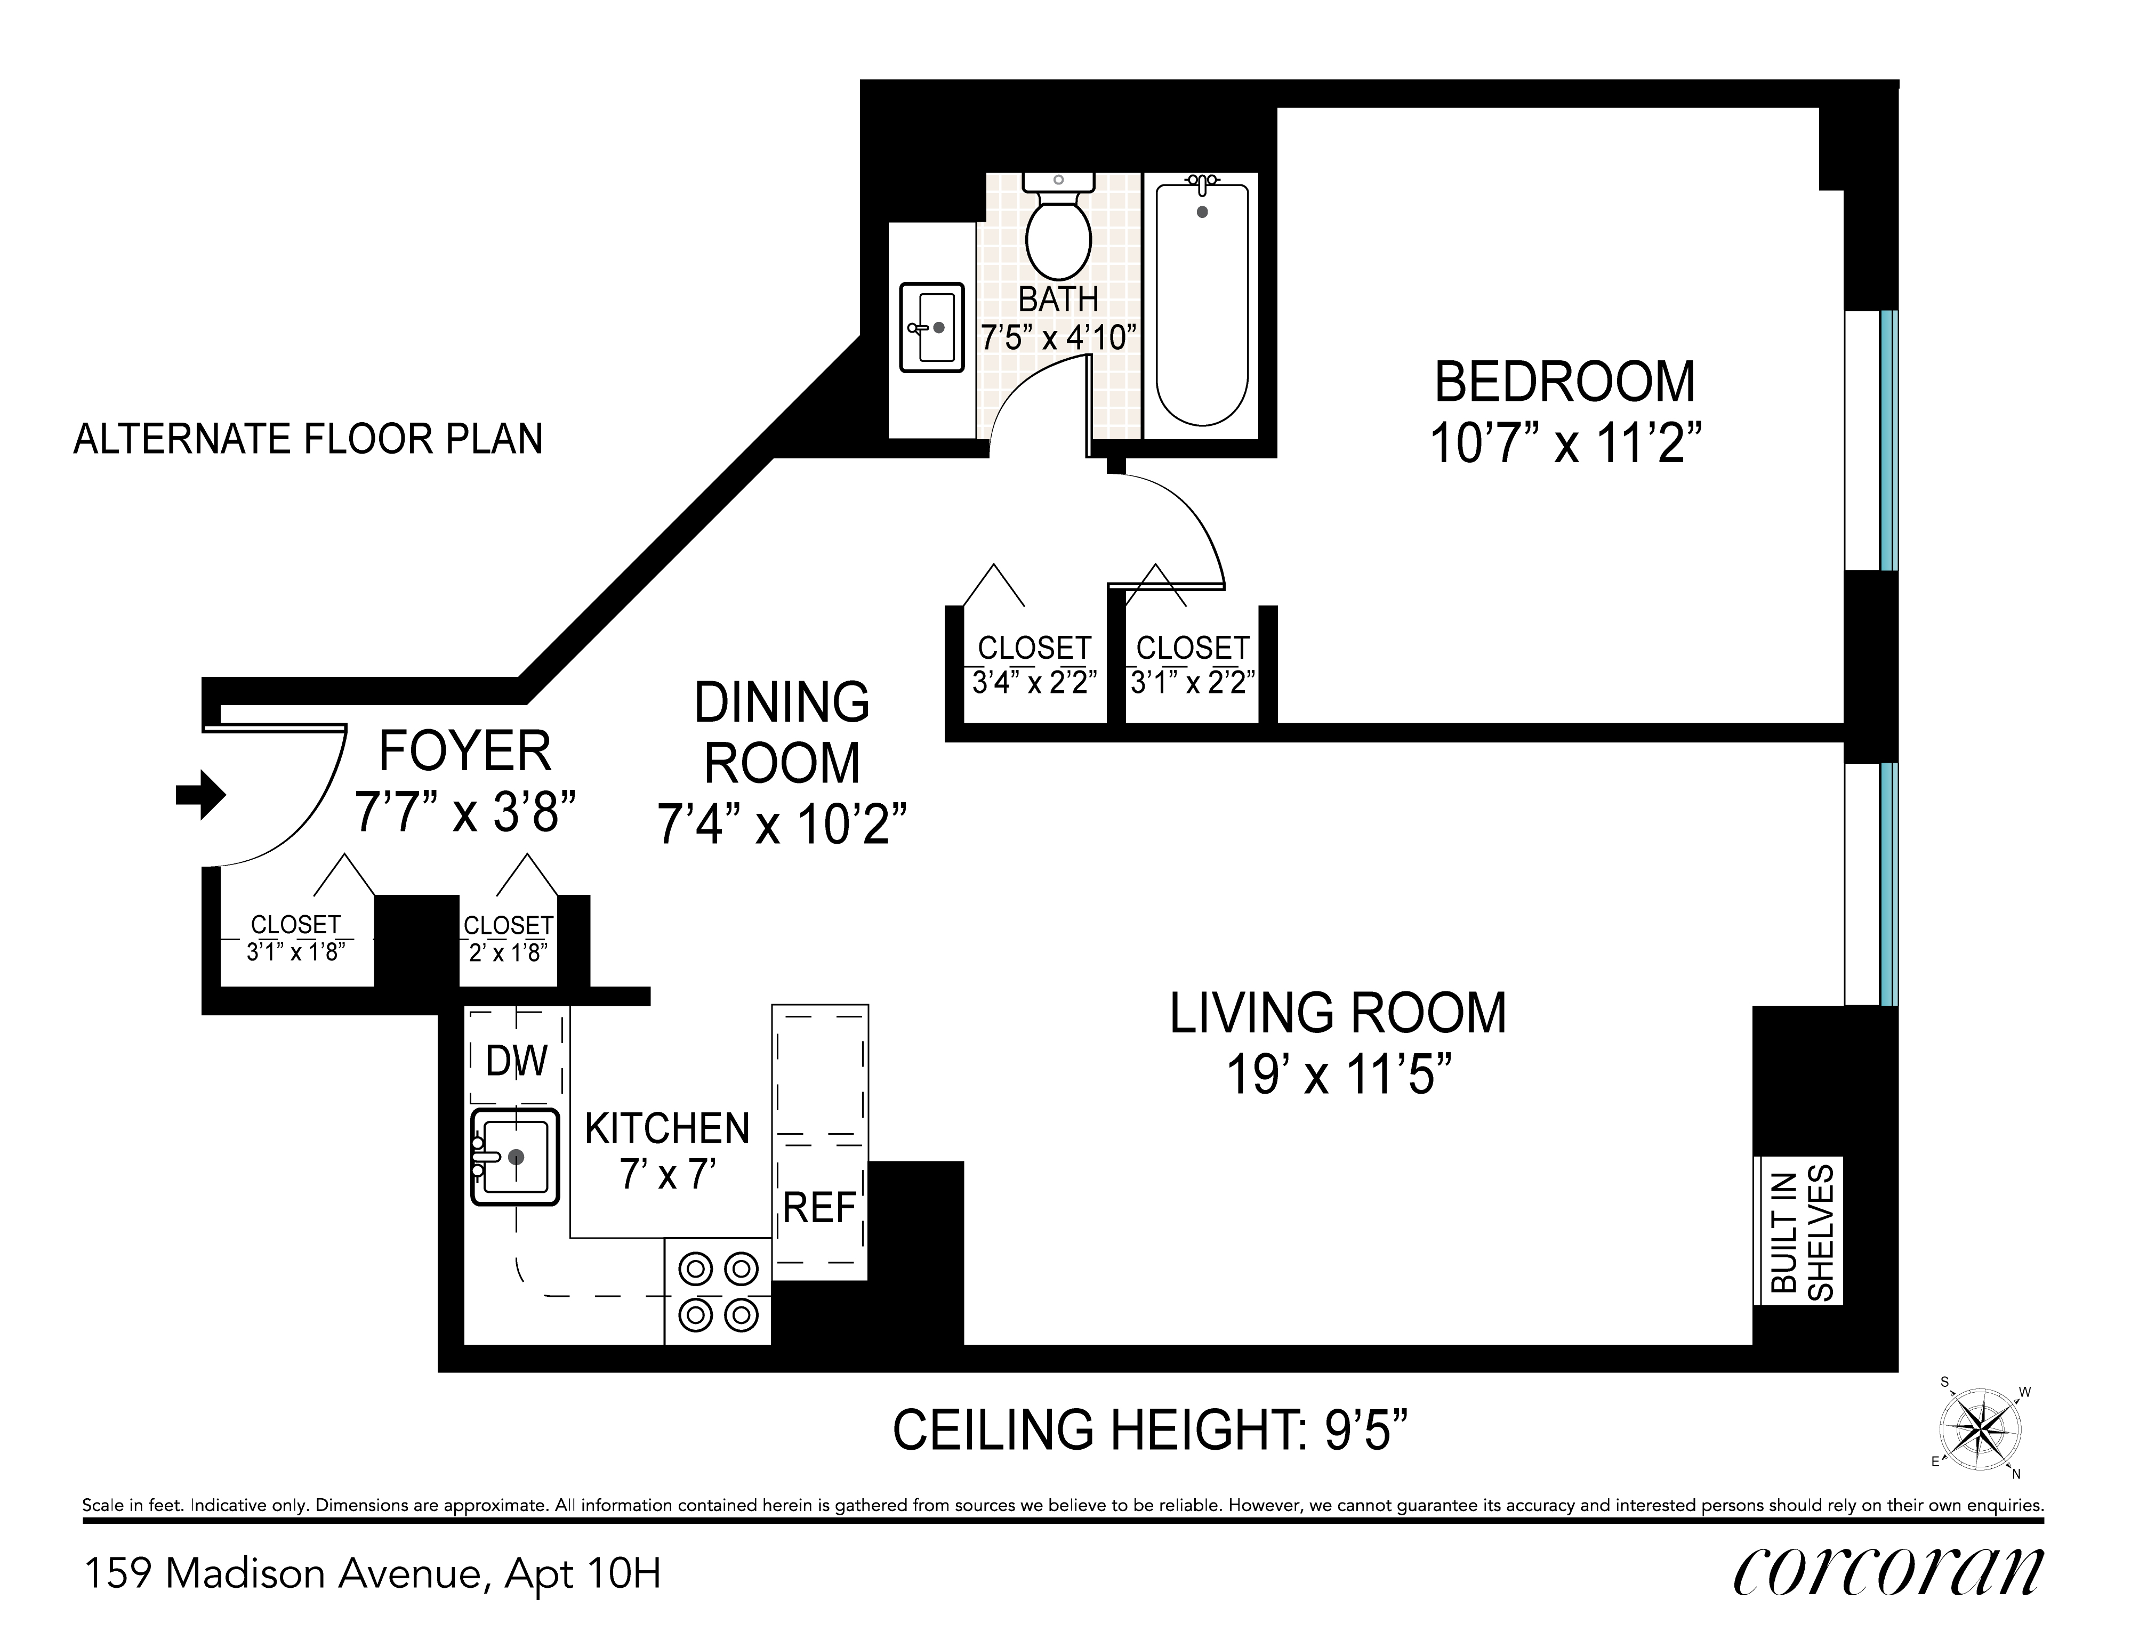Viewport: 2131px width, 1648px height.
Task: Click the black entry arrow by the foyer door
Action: click(x=200, y=794)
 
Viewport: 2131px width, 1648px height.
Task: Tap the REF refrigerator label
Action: click(x=819, y=1208)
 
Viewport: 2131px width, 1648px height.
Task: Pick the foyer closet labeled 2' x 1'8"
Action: click(x=508, y=939)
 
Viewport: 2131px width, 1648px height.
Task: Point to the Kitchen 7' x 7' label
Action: click(x=668, y=1151)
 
